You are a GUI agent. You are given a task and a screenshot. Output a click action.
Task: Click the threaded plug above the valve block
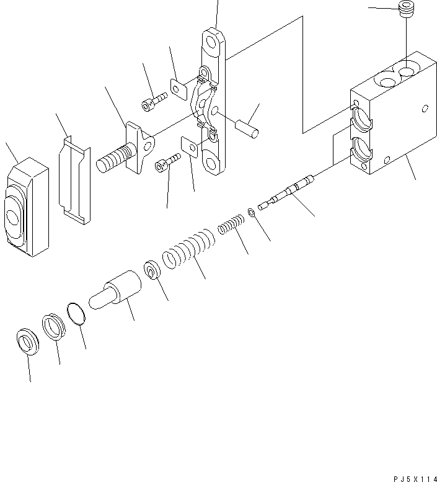click(x=406, y=11)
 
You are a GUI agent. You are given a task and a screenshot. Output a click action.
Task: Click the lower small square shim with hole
click(x=191, y=148)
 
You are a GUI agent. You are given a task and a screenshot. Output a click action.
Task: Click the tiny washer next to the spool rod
click(x=251, y=213)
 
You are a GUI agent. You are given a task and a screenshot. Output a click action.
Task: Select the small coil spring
click(x=231, y=223)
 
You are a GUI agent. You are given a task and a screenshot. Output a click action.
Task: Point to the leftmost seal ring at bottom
click(x=27, y=342)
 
